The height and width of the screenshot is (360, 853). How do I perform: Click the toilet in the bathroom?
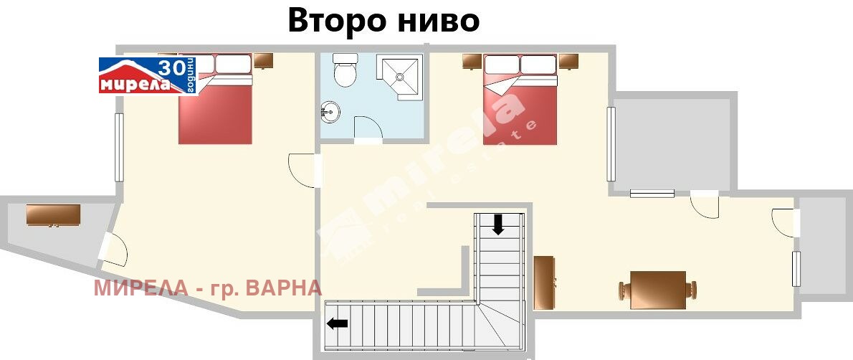(346, 70)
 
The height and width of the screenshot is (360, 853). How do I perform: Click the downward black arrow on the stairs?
(498, 225)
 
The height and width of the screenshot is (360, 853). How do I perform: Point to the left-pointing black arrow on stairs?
(337, 323)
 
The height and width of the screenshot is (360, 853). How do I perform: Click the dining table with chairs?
(658, 290)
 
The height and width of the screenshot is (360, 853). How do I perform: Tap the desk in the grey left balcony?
(53, 215)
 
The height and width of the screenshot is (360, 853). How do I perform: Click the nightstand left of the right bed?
(471, 61)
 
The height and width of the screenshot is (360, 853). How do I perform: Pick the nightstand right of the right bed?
(568, 61)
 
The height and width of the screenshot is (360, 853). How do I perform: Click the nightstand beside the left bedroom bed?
(263, 60)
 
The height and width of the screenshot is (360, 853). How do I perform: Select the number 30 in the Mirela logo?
(170, 68)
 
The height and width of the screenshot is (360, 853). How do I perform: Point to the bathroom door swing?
(368, 130)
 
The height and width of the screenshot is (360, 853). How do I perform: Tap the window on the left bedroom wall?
(120, 147)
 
